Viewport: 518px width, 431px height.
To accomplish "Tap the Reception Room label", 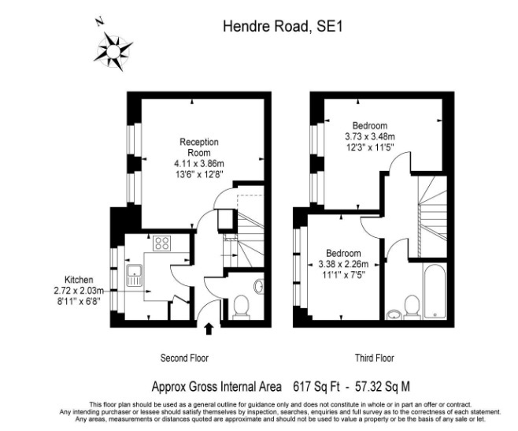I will point(198,147).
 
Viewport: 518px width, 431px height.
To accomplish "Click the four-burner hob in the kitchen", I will point(163,243).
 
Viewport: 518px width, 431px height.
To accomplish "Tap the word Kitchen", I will point(80,280).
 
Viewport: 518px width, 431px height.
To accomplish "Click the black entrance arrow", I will point(209,326).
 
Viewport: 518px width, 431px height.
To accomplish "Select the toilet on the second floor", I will point(241,307).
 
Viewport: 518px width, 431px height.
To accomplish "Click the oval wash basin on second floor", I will point(260,285).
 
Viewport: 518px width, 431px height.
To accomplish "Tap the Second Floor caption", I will point(184,358).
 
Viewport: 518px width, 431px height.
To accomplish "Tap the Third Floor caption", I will point(374,358).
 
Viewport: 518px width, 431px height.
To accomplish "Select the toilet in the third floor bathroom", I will point(412,306).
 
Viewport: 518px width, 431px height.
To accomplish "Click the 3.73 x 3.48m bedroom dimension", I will point(369,136).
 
